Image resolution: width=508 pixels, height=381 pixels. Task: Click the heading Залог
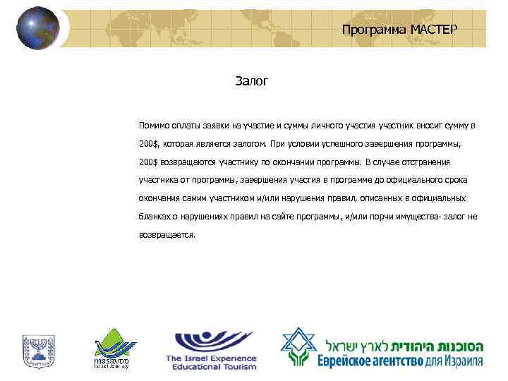pos(252,82)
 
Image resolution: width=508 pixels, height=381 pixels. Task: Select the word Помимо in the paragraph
pos(154,125)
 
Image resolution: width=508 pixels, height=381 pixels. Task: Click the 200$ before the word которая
pos(149,143)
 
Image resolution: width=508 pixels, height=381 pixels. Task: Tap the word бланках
pos(155,217)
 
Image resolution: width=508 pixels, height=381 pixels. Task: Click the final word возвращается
pos(167,235)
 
